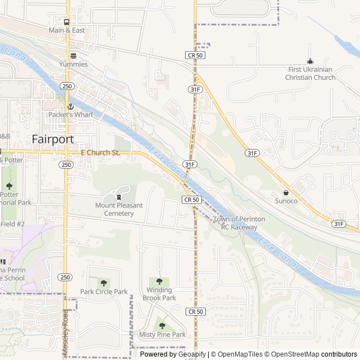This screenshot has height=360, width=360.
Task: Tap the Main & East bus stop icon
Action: (67, 22)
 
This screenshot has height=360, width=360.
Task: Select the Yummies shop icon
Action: (73, 55)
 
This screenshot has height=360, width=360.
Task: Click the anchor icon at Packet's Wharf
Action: (71, 106)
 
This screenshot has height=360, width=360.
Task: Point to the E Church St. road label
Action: (101, 152)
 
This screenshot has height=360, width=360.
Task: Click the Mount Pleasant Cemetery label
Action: (118, 209)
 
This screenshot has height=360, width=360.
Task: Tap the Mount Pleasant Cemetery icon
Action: (118, 196)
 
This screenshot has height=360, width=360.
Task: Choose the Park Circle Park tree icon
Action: (103, 282)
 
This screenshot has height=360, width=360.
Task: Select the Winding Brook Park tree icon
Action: (159, 281)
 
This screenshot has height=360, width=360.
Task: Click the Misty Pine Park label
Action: (162, 335)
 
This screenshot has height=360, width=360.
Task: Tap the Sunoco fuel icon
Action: (286, 192)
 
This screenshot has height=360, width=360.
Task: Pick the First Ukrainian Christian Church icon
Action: (309, 61)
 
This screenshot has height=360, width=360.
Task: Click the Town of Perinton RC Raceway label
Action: (239, 223)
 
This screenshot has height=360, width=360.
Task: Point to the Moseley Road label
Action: (66, 332)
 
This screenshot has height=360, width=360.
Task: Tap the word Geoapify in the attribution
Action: (192, 354)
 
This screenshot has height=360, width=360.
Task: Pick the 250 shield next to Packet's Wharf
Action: (67, 86)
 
